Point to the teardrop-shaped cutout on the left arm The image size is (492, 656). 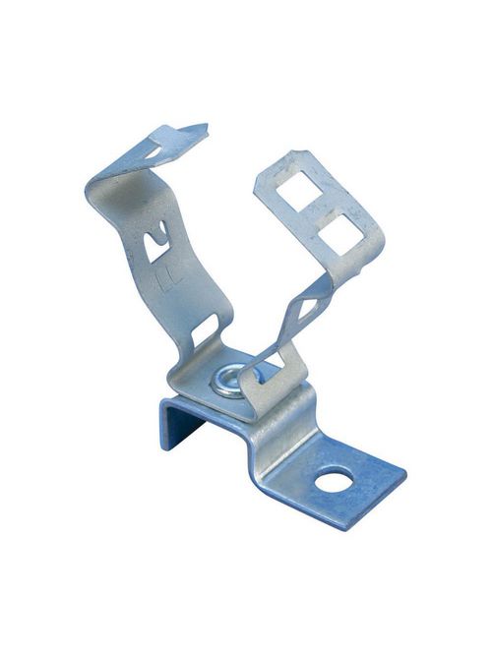pyautogui.click(x=155, y=241)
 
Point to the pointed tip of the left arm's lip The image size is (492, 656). pyautogui.click(x=206, y=126)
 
